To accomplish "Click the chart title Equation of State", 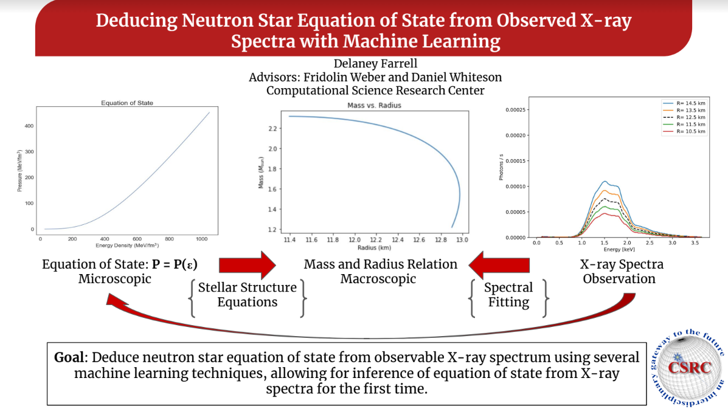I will pyautogui.click(x=127, y=103).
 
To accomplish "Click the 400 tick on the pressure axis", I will pyautogui.click(x=29, y=126).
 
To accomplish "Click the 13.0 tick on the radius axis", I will pyautogui.click(x=462, y=240).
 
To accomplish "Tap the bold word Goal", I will pyautogui.click(x=69, y=357).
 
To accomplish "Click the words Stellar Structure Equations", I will pyautogui.click(x=247, y=295).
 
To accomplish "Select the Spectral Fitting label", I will pyautogui.click(x=508, y=295).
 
